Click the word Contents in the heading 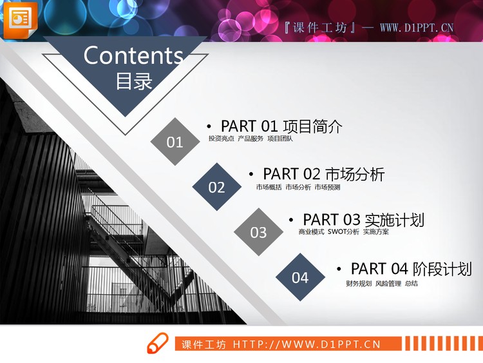pyautogui.click(x=133, y=55)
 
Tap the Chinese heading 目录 pyautogui.click(x=134, y=82)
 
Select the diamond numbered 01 pyautogui.click(x=175, y=142)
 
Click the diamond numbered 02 pyautogui.click(x=216, y=187)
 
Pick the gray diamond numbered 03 pyautogui.click(x=258, y=232)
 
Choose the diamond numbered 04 pyautogui.click(x=300, y=278)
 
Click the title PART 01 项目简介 pyautogui.click(x=281, y=126)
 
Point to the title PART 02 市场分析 pyautogui.click(x=323, y=174)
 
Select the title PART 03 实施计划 pyautogui.click(x=363, y=220)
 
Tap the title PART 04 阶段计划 pyautogui.click(x=411, y=269)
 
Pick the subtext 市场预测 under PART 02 pyautogui.click(x=327, y=187)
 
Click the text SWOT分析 pyautogui.click(x=343, y=231)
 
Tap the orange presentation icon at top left pyautogui.click(x=20, y=19)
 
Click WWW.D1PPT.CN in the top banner pyautogui.click(x=417, y=28)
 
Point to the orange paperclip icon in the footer pyautogui.click(x=158, y=343)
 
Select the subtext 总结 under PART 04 pyautogui.click(x=411, y=283)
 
